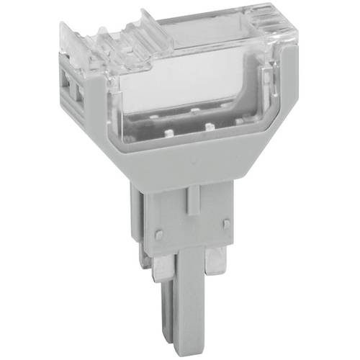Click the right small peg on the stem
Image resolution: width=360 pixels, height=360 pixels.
coord(226,225)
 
